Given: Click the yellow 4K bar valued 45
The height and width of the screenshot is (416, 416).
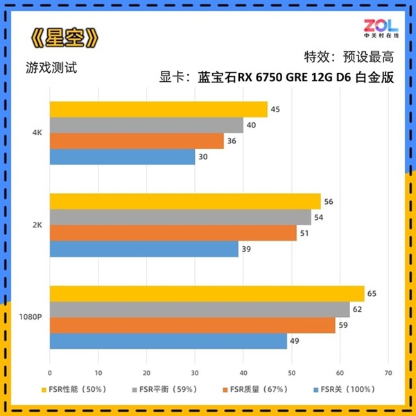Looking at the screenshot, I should tap(158, 110).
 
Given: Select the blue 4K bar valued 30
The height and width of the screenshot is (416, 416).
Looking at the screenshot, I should tap(122, 157).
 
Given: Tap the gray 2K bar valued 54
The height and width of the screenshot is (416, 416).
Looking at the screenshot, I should tap(180, 217).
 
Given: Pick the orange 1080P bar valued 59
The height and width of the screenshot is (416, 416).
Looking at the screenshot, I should tap(192, 324).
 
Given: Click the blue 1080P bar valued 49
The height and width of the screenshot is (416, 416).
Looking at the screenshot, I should tap(168, 340).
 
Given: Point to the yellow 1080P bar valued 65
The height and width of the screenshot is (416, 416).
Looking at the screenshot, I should tap(207, 293).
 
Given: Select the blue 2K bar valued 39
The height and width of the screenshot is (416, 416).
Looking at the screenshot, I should tap(144, 249).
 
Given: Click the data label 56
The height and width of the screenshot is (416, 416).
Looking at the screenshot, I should tap(329, 201).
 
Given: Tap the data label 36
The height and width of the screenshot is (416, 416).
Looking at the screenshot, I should tap(232, 141).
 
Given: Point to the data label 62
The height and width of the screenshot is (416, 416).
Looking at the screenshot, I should tap(357, 309).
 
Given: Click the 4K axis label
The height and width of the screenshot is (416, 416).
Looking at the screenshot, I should tap(37, 133).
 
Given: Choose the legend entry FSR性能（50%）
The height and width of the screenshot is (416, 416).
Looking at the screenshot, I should tap(77, 389).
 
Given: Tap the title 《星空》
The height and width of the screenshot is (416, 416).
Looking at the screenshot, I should tap(62, 38).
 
